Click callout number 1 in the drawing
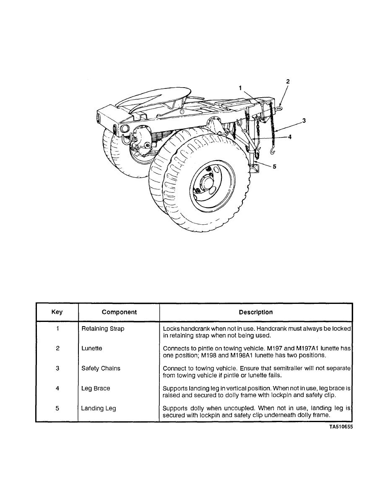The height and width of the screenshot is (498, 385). click(x=240, y=88)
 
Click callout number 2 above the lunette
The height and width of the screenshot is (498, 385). click(x=288, y=81)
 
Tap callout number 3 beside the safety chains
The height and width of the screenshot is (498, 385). click(x=304, y=121)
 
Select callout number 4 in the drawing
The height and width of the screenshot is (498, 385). click(x=290, y=137)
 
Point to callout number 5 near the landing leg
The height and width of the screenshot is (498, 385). click(x=274, y=166)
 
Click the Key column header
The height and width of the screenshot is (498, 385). click(x=57, y=312)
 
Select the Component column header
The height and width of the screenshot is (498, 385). click(x=119, y=312)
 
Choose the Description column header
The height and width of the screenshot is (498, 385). click(x=256, y=312)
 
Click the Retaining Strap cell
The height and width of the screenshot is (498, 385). click(x=103, y=329)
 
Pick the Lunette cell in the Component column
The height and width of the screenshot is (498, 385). click(x=92, y=348)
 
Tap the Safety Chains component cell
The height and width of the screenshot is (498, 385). click(x=101, y=368)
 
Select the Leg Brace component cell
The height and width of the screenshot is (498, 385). click(x=96, y=389)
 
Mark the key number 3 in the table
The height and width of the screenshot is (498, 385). click(x=57, y=368)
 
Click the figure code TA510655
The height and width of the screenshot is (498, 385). click(x=340, y=428)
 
